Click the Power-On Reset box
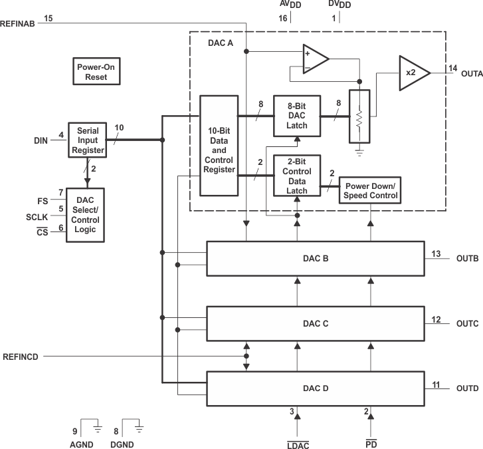click(95, 71)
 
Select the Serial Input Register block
click(87, 140)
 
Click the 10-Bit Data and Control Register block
click(219, 146)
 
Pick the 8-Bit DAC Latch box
click(296, 116)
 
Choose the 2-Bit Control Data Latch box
click(296, 176)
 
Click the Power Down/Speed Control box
click(370, 191)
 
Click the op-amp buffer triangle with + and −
click(314, 59)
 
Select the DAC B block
click(316, 257)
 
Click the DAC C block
click(316, 323)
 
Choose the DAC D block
click(316, 388)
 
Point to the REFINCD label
click(21, 357)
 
